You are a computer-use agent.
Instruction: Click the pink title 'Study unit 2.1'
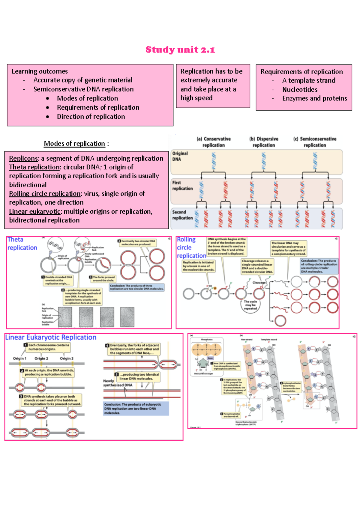[x=180, y=49]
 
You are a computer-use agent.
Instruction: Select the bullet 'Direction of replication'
[x=91, y=117]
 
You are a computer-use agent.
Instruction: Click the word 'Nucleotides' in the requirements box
[x=300, y=89]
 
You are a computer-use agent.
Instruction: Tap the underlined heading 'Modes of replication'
[x=74, y=144]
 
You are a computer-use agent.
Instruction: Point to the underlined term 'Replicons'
[x=23, y=158]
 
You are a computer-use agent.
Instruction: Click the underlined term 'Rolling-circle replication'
[x=45, y=194]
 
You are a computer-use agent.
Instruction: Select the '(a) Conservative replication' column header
[x=213, y=142]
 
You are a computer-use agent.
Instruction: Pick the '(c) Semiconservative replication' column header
[x=314, y=142]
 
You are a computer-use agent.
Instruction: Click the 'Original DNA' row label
[x=180, y=156]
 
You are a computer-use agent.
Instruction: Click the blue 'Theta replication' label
[x=22, y=243]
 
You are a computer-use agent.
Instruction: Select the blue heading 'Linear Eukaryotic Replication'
[x=51, y=337]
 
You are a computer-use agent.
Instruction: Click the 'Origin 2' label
[x=41, y=358]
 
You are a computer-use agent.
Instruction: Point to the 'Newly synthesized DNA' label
[x=117, y=383]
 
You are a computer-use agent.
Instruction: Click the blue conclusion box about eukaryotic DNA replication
[x=136, y=409]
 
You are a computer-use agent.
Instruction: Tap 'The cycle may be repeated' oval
[x=250, y=305]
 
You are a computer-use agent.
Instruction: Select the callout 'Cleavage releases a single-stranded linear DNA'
[x=257, y=266]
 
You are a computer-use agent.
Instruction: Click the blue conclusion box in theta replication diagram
[x=137, y=287]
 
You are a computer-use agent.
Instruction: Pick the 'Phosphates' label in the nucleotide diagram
[x=206, y=340]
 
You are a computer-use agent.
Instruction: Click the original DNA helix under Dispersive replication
[x=263, y=161]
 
